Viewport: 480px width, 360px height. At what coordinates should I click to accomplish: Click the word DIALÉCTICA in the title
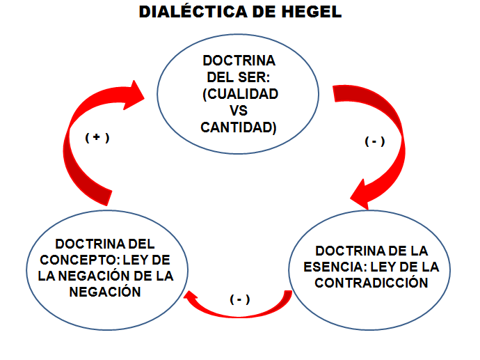(193, 11)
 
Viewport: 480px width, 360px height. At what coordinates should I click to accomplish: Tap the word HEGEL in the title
(312, 12)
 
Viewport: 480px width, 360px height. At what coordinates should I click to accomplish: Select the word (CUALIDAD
(240, 94)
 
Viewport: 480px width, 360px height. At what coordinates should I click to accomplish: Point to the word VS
(239, 110)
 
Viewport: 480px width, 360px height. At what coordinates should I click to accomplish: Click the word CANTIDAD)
(239, 127)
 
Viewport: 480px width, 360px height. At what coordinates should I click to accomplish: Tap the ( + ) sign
(97, 137)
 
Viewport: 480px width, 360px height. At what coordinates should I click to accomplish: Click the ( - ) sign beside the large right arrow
(374, 141)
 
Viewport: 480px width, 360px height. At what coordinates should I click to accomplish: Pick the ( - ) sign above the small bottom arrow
(240, 299)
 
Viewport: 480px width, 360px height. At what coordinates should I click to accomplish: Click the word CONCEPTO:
(79, 260)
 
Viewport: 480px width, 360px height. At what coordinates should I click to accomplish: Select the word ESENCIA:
(335, 267)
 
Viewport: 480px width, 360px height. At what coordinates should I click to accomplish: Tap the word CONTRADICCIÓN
(371, 283)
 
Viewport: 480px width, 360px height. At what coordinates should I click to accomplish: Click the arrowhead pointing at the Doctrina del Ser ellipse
(135, 95)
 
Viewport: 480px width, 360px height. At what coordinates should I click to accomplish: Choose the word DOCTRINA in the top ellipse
(239, 61)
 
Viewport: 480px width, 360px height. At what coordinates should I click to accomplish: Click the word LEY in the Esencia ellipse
(383, 267)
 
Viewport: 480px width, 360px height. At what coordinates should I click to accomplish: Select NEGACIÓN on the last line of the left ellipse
(105, 292)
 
